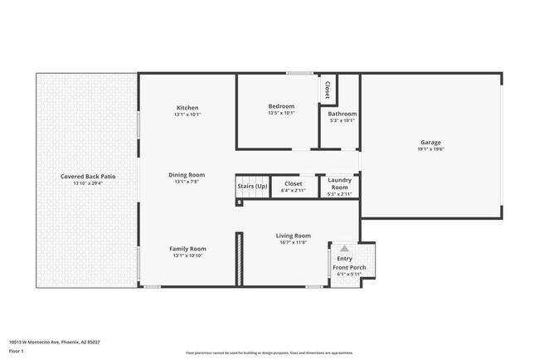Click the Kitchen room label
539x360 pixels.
[187, 108]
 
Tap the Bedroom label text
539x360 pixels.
[280, 107]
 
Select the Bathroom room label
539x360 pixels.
[342, 114]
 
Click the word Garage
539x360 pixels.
[430, 142]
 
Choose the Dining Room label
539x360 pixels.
[187, 175]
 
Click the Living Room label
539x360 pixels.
[293, 236]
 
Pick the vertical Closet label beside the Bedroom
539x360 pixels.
[328, 90]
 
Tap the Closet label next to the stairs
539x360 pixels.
[293, 183]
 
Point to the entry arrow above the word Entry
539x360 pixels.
[344, 248]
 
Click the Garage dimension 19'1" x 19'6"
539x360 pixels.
[430, 149]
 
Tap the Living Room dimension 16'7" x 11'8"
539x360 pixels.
[293, 242]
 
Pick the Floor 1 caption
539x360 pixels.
[17, 351]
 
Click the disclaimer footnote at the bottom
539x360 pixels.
[269, 353]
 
